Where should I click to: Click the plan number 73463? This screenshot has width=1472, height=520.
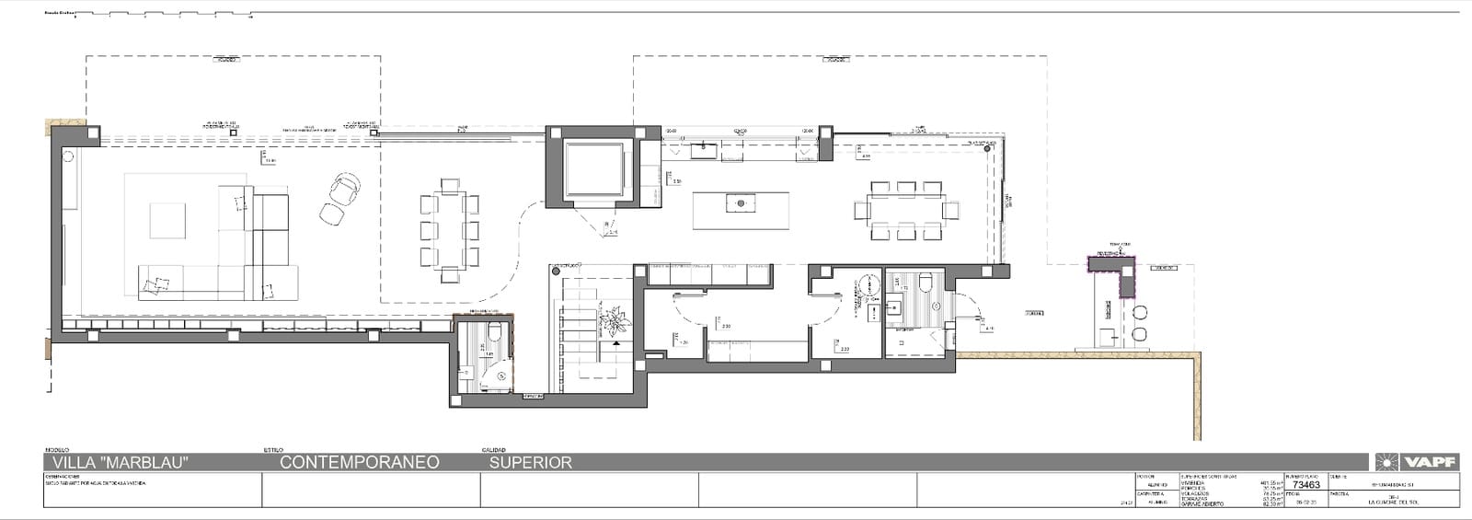[1305, 485]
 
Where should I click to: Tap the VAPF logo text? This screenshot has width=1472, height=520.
[1430, 462]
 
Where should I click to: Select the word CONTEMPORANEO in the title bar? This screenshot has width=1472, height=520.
[359, 462]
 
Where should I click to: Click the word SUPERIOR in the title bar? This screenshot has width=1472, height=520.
[530, 462]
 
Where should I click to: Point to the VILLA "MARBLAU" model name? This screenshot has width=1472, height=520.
[121, 462]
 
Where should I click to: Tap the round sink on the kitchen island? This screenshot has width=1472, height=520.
[739, 201]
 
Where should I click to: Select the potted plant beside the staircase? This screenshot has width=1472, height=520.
[611, 322]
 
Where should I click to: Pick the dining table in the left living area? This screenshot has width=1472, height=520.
[450, 230]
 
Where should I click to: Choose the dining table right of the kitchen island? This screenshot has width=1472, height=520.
[907, 210]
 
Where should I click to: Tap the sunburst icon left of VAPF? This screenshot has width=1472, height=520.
[1387, 462]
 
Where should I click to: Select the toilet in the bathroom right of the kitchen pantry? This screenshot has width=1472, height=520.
[926, 281]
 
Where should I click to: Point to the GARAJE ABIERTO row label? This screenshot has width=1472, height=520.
[1200, 503]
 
